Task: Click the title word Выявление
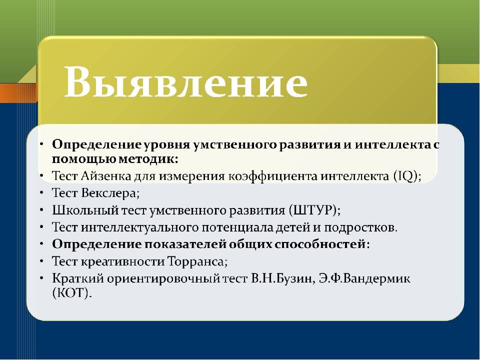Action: (185, 81)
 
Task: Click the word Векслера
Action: (110, 193)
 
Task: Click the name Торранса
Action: (196, 261)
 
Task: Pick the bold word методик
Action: (145, 159)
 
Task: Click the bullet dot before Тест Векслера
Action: (41, 193)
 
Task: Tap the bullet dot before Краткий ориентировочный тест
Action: (41, 279)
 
